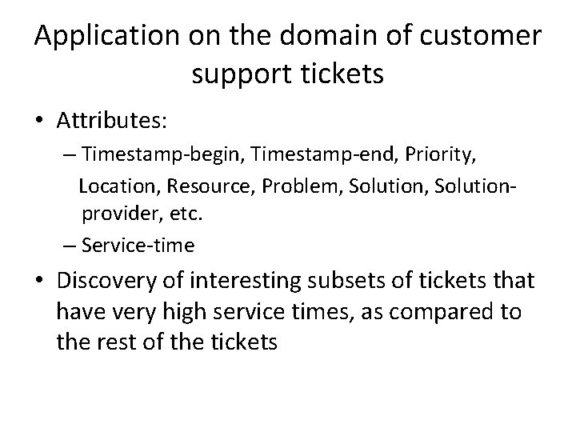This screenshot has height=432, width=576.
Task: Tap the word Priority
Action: pos(420,154)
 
